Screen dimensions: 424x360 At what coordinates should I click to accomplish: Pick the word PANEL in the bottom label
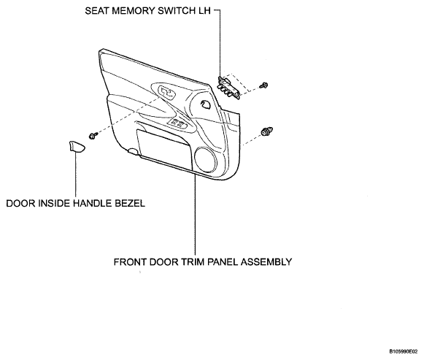pyautogui.click(x=223, y=262)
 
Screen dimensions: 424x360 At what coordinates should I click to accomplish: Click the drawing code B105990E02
pyautogui.click(x=403, y=351)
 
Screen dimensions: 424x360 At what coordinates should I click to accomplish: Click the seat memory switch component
pyautogui.click(x=228, y=87)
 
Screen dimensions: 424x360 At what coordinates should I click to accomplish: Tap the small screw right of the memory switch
pyautogui.click(x=263, y=85)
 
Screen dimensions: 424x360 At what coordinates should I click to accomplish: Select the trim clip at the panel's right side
pyautogui.click(x=266, y=131)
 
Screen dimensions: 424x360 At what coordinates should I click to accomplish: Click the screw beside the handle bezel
pyautogui.click(x=93, y=136)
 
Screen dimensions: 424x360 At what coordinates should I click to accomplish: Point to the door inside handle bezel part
pyautogui.click(x=76, y=146)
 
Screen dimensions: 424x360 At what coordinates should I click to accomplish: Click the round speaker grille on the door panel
pyautogui.click(x=206, y=160)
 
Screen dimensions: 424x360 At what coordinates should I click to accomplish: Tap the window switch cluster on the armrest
pyautogui.click(x=178, y=123)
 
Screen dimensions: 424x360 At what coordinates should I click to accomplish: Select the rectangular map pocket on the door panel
pyautogui.click(x=164, y=148)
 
